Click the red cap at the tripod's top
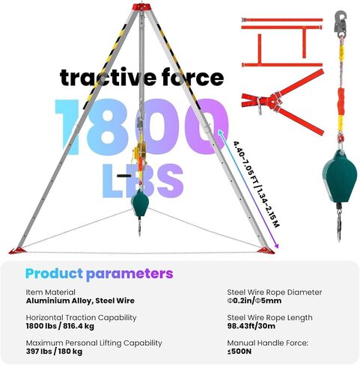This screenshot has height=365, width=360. point(142,7)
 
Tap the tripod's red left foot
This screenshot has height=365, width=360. point(18,251)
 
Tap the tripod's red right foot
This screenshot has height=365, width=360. point(266,251)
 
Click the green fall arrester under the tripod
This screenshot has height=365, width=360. point(140,203)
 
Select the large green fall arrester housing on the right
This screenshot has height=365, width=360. point(339,177)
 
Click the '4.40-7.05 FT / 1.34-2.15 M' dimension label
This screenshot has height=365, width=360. point(256,184)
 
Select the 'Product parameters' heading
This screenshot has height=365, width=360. point(99,274)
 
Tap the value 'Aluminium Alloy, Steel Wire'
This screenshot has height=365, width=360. point(80,301)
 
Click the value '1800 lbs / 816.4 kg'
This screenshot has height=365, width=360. point(60,326)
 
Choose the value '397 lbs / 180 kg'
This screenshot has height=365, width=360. point(54,352)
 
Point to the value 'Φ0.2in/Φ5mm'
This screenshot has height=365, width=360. point(254,301)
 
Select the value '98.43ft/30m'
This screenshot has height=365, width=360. point(251,326)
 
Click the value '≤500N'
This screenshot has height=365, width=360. point(240,352)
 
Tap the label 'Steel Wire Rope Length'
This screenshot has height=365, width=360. point(269,318)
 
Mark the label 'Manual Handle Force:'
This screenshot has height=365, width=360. point(268,343)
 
